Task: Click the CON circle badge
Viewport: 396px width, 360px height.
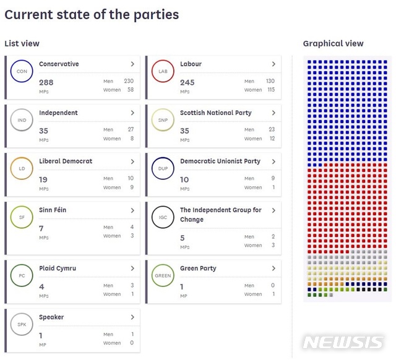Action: (22, 71)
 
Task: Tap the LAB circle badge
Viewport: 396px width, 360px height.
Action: (163, 71)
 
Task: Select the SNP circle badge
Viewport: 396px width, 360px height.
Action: (163, 119)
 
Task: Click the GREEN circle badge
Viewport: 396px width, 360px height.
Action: (163, 275)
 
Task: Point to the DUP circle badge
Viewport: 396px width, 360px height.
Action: (163, 168)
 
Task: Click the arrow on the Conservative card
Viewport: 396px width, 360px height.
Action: (132, 64)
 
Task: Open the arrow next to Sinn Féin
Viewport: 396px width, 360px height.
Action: (132, 210)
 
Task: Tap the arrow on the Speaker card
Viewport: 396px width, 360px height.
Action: (132, 317)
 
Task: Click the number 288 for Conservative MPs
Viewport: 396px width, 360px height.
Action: (46, 82)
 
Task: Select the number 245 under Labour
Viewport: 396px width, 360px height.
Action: (187, 82)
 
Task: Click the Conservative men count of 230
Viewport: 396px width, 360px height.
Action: (128, 81)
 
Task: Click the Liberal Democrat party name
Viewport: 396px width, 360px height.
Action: (66, 161)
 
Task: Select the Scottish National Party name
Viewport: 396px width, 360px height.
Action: (216, 113)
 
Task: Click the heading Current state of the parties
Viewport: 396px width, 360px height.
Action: (92, 14)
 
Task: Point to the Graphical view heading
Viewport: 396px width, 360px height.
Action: (333, 43)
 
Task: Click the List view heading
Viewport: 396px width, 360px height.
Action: (22, 43)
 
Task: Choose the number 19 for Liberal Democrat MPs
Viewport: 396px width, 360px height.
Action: (43, 180)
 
